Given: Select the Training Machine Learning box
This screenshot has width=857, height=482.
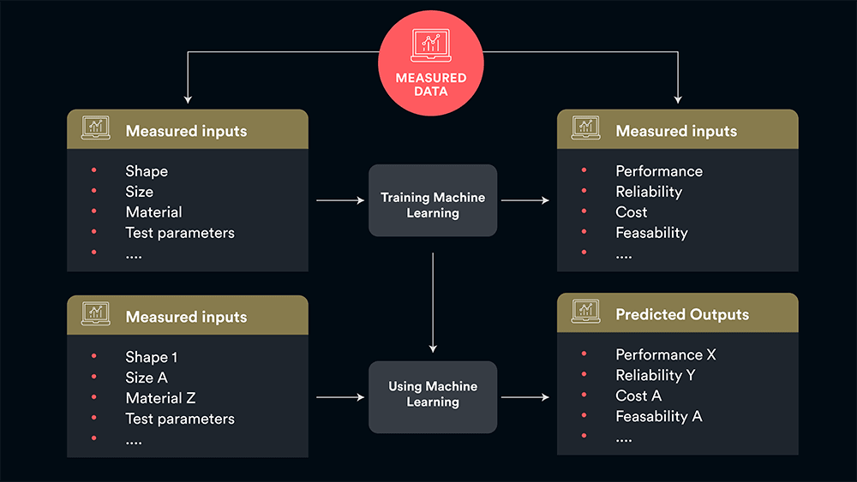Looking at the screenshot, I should [x=433, y=200].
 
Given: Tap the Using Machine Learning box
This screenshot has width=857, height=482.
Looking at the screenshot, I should [x=433, y=396].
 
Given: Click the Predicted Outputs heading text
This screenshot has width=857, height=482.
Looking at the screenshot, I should [x=682, y=315].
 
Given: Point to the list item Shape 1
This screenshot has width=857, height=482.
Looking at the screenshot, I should [x=152, y=357].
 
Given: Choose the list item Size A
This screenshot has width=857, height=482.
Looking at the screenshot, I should [x=147, y=378].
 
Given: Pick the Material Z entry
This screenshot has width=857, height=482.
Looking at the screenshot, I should [x=160, y=398].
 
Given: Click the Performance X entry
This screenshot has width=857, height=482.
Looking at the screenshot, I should [x=665, y=354].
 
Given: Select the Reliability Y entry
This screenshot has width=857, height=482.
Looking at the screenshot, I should [x=655, y=375].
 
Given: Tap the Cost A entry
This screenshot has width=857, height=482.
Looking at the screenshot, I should [x=638, y=396].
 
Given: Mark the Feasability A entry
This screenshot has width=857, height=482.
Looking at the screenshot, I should [x=658, y=416].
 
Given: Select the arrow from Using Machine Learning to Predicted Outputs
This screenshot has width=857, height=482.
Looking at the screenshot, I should [x=524, y=397].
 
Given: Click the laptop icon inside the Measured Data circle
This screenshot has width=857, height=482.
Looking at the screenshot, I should [x=432, y=46].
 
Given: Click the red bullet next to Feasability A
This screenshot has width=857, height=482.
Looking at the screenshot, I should [x=584, y=416].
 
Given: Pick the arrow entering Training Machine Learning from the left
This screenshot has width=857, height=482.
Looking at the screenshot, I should [x=340, y=200].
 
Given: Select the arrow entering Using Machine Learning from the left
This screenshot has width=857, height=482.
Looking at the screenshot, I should [x=340, y=397].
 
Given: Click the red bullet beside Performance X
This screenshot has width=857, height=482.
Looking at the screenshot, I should [x=584, y=354].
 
